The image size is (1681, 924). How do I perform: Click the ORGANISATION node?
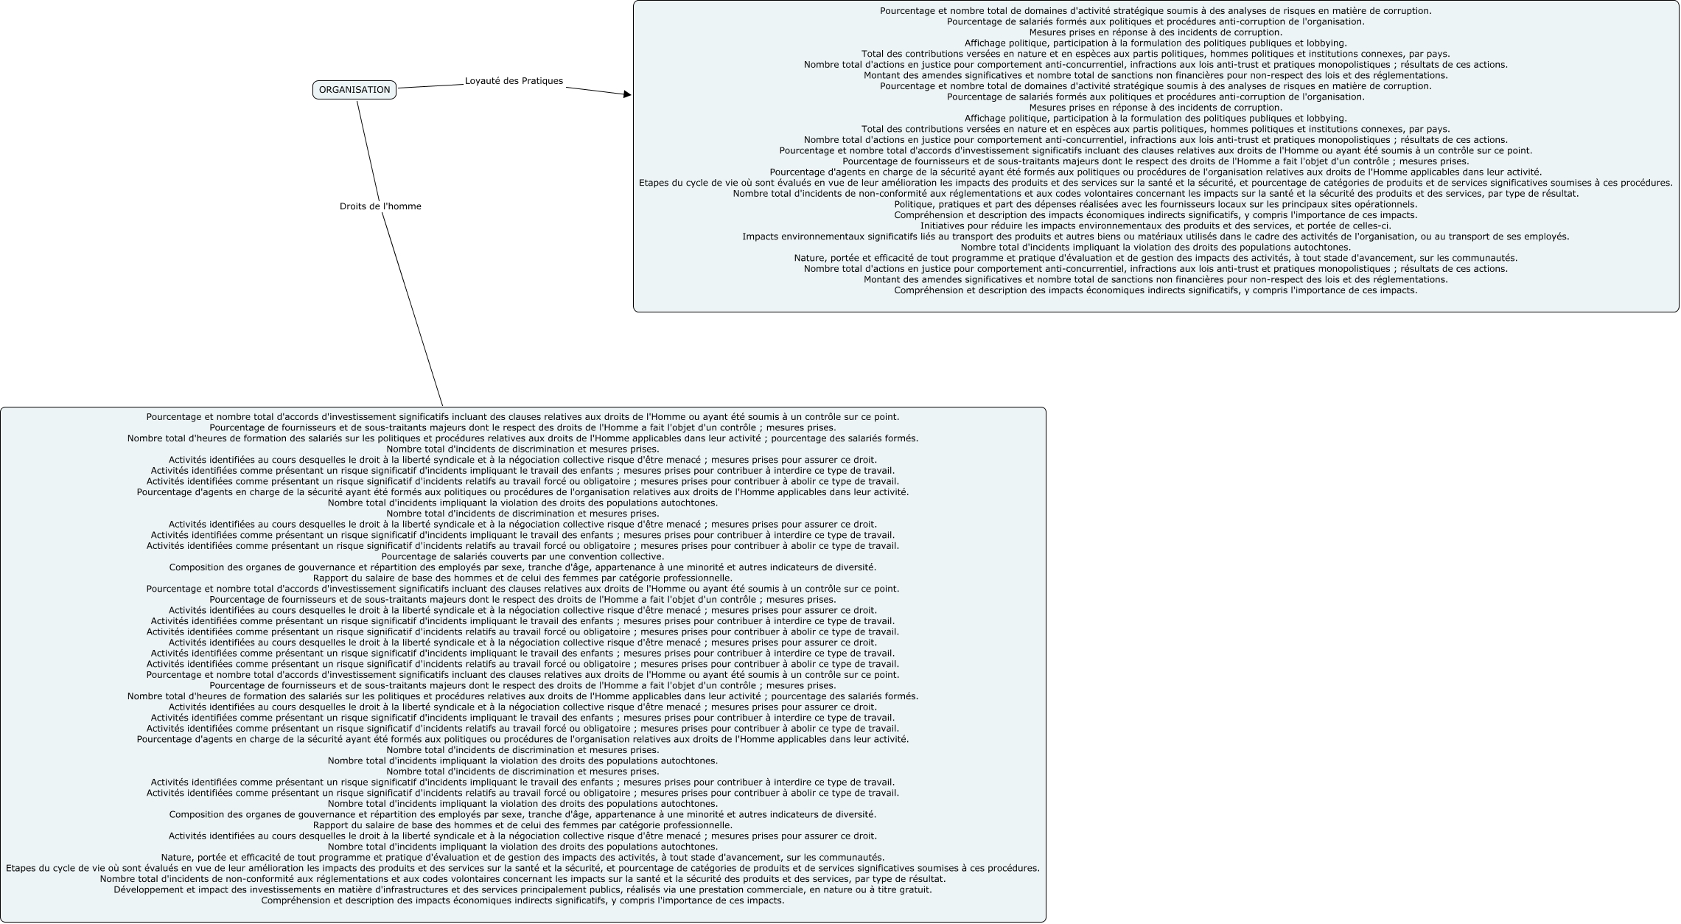pos(354,90)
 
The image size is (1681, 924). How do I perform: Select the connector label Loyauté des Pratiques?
pos(514,81)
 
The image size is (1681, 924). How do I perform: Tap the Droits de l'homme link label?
pos(380,206)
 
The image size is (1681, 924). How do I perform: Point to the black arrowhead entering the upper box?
pos(627,94)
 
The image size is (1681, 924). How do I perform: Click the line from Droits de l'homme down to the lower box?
pos(413,309)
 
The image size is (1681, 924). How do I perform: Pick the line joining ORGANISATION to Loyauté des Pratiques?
pos(430,86)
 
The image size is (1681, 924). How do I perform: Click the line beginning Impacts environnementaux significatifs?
pos(1156,237)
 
